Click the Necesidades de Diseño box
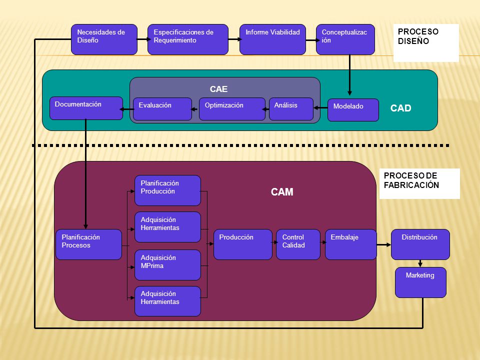104,39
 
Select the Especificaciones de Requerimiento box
188,39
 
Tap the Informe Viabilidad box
273,39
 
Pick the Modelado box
353,110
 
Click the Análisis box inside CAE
291,109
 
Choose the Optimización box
232,109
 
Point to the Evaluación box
162,109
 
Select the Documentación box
86,108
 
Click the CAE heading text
218,89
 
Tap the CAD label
400,108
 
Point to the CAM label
282,192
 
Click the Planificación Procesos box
89,244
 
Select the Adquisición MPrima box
168,265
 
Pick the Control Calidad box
298,244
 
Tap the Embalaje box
351,244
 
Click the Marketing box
420,282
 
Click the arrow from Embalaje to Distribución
384,244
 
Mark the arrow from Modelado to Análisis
320,108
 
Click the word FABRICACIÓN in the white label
411,185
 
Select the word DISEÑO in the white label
413,41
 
